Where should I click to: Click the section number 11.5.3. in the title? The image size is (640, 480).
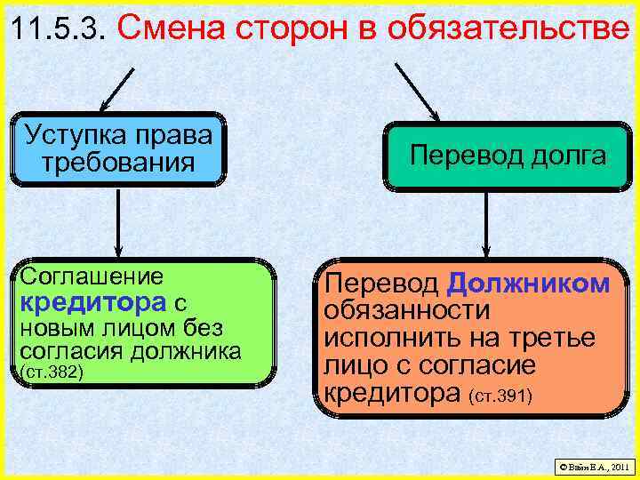(60, 30)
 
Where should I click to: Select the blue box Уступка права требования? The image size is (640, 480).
(119, 148)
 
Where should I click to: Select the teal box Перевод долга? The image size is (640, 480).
(508, 156)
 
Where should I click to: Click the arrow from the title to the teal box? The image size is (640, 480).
(417, 90)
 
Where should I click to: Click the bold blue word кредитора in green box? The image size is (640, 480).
(83, 302)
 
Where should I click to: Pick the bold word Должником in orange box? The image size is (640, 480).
(528, 284)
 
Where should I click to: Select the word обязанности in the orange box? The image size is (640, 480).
(406, 311)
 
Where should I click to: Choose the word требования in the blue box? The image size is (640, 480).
(119, 163)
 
